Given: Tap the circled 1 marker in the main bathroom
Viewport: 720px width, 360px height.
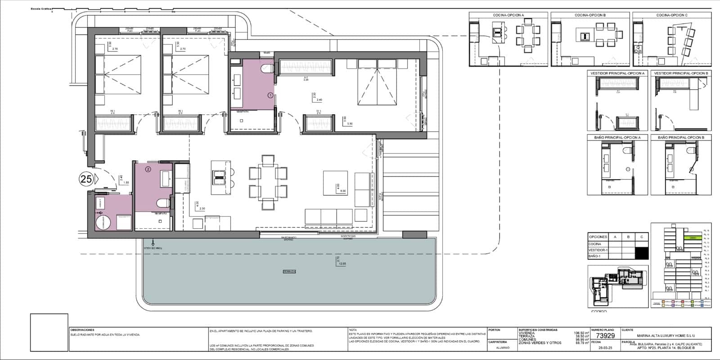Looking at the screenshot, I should pyautogui.click(x=270, y=95).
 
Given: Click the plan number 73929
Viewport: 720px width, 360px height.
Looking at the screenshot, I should pyautogui.click(x=605, y=336).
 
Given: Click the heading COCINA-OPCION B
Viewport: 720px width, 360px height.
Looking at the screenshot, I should pyautogui.click(x=590, y=15).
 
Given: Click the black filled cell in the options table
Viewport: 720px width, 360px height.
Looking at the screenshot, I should pyautogui.click(x=642, y=253).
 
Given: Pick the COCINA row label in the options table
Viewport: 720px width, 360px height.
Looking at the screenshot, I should pyautogui.click(x=595, y=243).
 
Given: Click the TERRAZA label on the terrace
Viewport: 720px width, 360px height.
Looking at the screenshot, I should pyautogui.click(x=289, y=271).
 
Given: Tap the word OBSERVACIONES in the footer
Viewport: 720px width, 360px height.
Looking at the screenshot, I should pyautogui.click(x=82, y=330).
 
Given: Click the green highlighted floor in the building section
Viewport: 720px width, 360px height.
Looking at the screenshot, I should pyautogui.click(x=693, y=238).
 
